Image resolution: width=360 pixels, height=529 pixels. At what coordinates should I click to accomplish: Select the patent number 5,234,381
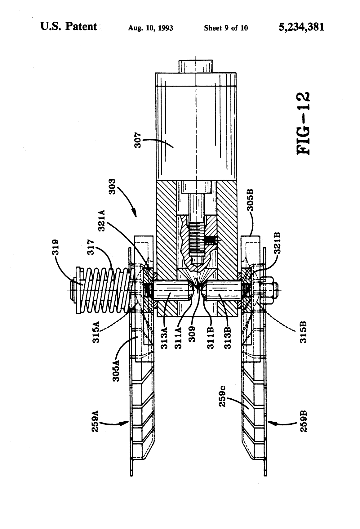click(x=301, y=27)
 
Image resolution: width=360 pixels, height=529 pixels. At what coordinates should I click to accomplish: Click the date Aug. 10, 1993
click(x=150, y=28)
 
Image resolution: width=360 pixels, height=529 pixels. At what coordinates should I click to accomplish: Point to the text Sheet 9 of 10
click(x=226, y=28)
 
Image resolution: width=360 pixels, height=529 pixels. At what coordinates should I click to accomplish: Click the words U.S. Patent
click(x=69, y=27)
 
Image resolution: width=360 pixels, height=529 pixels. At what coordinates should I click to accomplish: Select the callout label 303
click(x=112, y=186)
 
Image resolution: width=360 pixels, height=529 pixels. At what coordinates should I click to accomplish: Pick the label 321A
click(x=102, y=221)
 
